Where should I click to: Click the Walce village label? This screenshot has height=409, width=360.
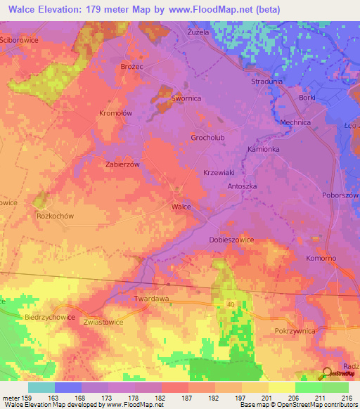coord(181,207)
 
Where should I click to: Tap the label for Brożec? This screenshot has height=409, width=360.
coord(131,65)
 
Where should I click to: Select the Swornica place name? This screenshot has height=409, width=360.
coord(186,99)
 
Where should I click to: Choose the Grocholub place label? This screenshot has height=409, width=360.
coord(207,138)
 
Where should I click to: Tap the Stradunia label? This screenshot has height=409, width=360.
coord(266,82)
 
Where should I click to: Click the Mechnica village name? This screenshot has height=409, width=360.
coord(295,122)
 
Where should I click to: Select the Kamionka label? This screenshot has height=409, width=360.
coord(264,150)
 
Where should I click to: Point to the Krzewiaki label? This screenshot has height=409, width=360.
coord(218,172)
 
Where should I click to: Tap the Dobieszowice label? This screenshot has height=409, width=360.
coord(231,240)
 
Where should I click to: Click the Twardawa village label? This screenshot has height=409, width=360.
coord(151,299)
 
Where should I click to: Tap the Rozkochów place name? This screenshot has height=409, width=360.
coord(56,216)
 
